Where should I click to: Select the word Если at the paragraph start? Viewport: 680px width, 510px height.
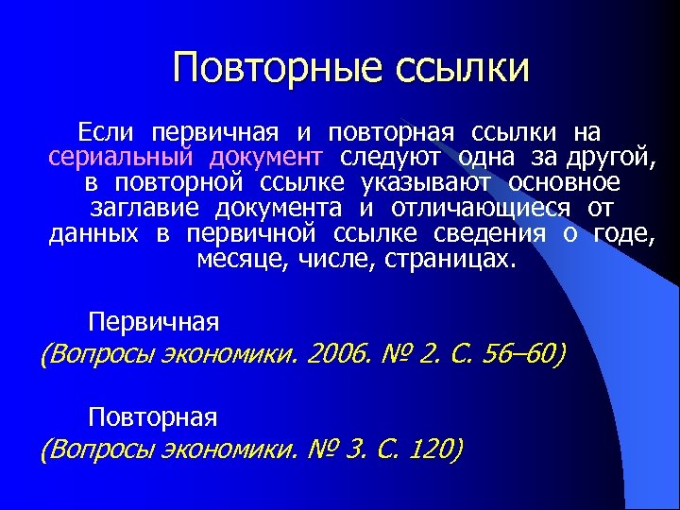coord(107,129)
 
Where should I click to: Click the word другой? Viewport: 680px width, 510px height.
coord(610,155)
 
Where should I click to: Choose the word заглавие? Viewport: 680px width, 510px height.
coord(146,207)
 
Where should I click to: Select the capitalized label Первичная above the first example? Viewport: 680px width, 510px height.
coord(153,322)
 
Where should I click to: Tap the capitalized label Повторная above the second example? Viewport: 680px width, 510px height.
coord(153,416)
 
